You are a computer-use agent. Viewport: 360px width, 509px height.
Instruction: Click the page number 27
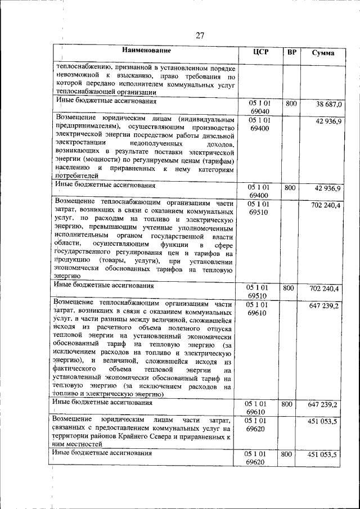(x=200, y=35)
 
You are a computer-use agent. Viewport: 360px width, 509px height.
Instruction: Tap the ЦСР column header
(x=261, y=52)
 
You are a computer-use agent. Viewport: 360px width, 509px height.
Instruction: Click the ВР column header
(x=291, y=52)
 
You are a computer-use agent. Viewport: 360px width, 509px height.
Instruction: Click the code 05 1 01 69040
(x=259, y=109)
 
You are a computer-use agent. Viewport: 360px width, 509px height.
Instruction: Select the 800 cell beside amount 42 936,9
(x=290, y=188)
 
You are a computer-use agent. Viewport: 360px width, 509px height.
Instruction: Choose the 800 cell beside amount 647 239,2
(x=287, y=404)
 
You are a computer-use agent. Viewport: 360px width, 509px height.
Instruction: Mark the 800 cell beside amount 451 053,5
(x=287, y=453)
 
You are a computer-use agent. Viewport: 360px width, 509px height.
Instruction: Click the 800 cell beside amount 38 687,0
(x=290, y=104)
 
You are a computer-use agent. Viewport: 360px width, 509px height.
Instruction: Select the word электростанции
(x=79, y=144)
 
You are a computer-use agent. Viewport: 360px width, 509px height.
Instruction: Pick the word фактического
(x=74, y=370)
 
